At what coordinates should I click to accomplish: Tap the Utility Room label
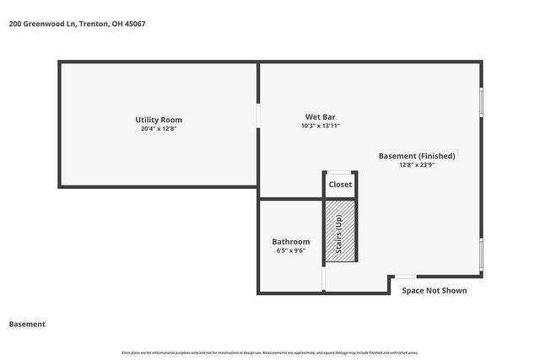click(x=159, y=120)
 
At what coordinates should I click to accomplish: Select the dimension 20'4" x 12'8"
click(x=159, y=129)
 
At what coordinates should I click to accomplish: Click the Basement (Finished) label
click(x=417, y=156)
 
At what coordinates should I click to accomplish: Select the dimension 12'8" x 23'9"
click(x=417, y=165)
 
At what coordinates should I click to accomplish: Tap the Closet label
click(x=341, y=185)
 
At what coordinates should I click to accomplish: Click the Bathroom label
click(x=290, y=242)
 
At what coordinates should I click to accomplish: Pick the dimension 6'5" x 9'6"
click(x=290, y=250)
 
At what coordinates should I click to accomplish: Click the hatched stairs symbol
click(x=339, y=231)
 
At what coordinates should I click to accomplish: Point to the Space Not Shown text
click(x=434, y=291)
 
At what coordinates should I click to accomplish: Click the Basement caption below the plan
click(x=27, y=324)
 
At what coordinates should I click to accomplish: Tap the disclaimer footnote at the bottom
click(x=270, y=352)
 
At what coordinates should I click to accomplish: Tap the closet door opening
click(x=340, y=173)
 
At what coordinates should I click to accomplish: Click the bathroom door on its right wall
click(x=324, y=280)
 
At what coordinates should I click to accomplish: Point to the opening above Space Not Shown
click(x=406, y=276)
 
